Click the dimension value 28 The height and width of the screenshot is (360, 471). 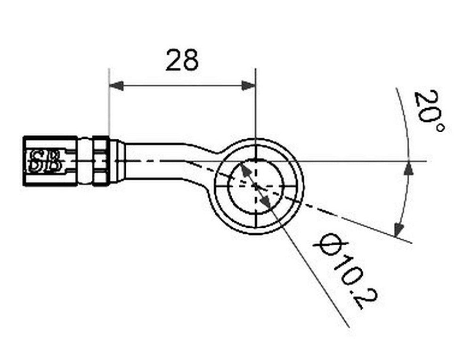click(x=182, y=60)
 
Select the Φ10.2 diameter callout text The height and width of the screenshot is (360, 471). click(x=345, y=270)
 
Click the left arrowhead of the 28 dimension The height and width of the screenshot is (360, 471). click(x=116, y=86)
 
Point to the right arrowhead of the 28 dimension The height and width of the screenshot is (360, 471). click(x=248, y=86)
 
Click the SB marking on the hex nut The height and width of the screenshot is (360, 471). click(x=45, y=161)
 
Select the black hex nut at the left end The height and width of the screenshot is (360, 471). click(x=50, y=161)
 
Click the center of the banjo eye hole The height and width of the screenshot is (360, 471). click(x=256, y=186)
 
